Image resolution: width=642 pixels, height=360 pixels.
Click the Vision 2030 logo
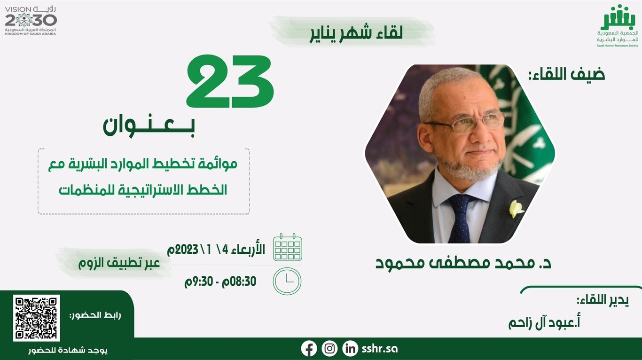coord(31,21)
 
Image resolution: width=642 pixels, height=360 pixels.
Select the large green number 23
coord(230,81)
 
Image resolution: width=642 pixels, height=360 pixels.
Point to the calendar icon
coord(288,247)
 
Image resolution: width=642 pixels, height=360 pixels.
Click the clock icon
coord(287,281)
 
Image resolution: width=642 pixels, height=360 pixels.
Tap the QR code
coord(36,318)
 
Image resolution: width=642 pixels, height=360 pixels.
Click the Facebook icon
coord(309,349)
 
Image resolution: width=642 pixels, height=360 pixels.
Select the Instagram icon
coord(329,349)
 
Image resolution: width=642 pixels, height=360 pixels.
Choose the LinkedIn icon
coord(350,349)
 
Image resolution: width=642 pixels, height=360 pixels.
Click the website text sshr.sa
coord(380,349)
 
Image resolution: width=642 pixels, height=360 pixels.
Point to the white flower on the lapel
coord(516,209)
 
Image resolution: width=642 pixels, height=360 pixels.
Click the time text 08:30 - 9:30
coord(220,282)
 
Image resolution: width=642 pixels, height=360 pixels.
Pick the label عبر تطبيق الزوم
coord(119,263)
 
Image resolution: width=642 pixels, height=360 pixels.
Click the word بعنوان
coord(149,127)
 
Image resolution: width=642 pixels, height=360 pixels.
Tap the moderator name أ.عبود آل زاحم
coord(544,323)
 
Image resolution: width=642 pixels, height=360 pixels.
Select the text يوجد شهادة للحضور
coord(68,351)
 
